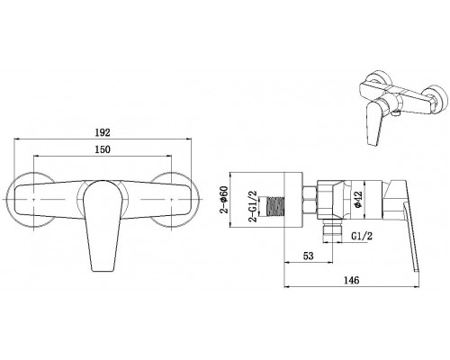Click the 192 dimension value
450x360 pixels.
103,132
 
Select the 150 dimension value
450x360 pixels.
103,149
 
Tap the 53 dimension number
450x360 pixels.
309,256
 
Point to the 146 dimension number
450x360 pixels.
351,280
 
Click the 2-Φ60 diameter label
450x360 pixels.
224,200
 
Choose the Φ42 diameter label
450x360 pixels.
358,200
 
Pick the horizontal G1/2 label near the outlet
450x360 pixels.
362,236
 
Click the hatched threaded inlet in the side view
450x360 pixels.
275,206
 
